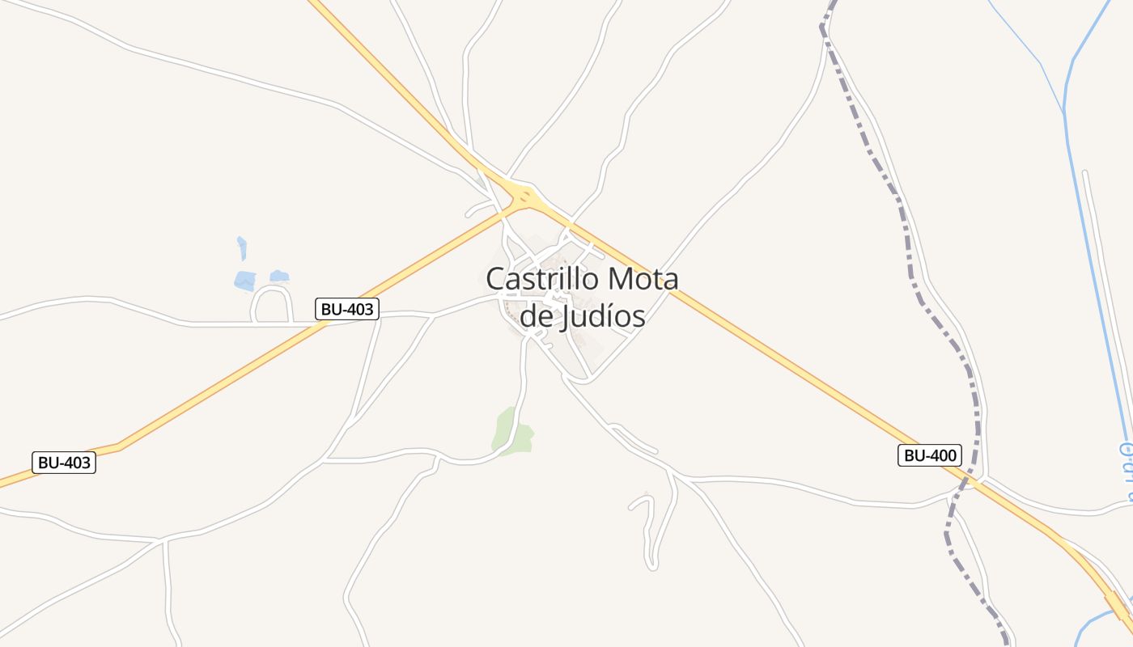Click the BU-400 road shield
coord(930,455)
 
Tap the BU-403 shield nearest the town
coord(348,308)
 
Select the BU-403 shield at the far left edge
coord(64,463)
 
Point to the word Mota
coord(643,279)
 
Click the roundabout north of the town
coord(526,195)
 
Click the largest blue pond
coord(245,281)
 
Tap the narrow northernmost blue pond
coord(241,247)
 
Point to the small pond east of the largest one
coord(279,277)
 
